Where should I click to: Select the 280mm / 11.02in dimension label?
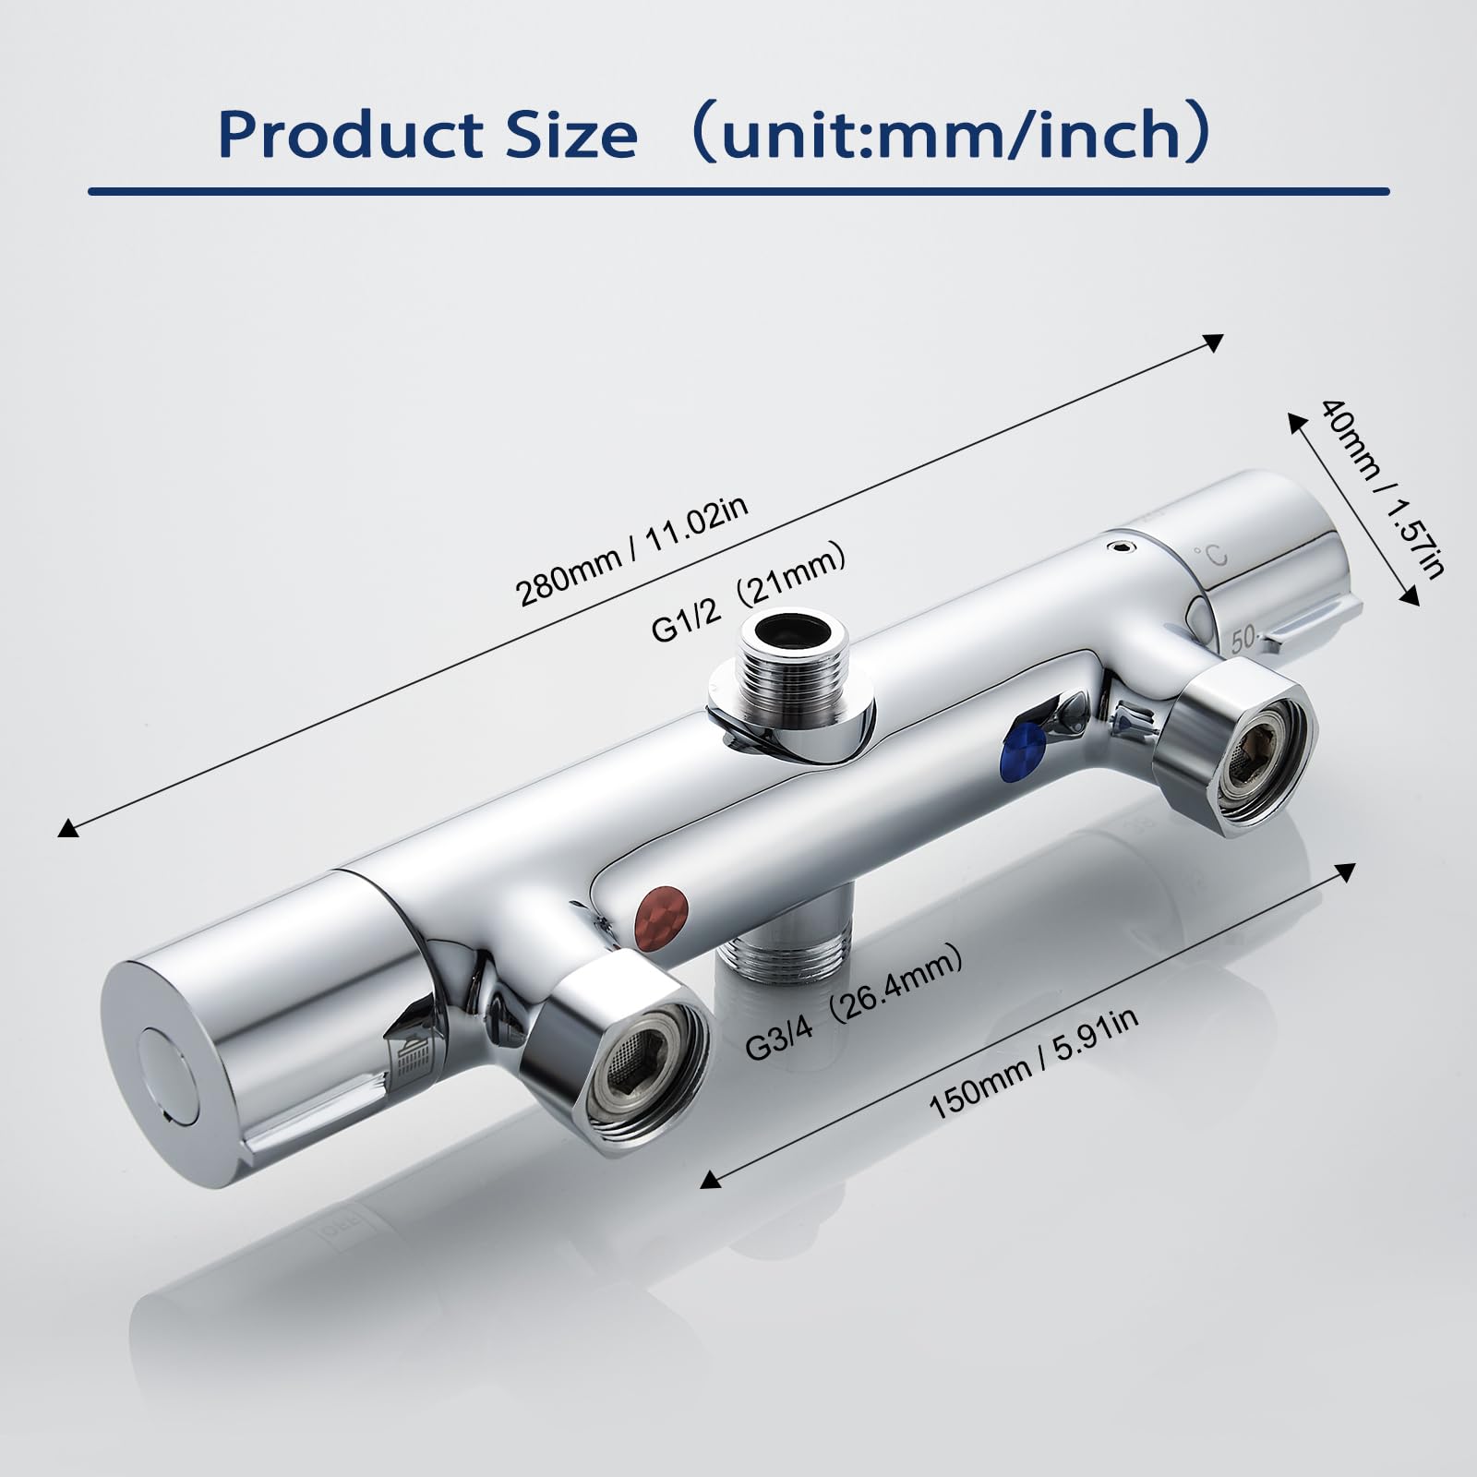633,552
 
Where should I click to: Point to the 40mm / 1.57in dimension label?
1380,488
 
